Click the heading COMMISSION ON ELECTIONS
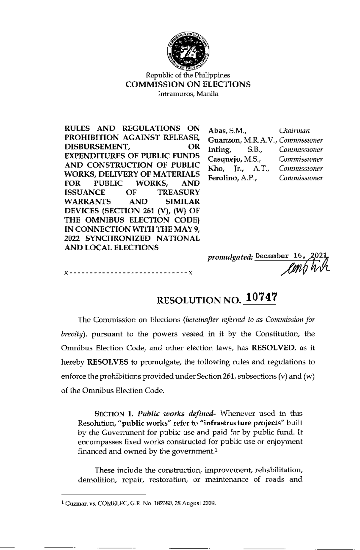coord(188,85)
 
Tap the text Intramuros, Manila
coord(188,94)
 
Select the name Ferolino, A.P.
coord(232,178)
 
